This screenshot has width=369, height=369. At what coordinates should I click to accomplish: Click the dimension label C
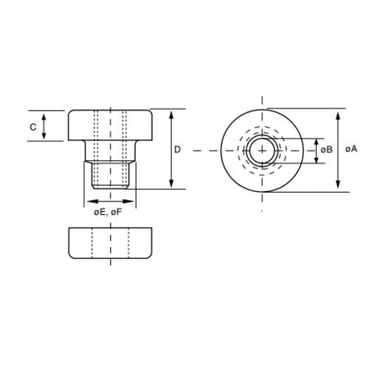pyautogui.click(x=32, y=127)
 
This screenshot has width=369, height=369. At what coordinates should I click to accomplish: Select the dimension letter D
pyautogui.click(x=178, y=150)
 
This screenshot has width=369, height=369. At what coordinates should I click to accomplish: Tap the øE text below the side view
pyautogui.click(x=100, y=213)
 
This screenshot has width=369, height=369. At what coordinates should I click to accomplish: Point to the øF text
pyautogui.click(x=117, y=213)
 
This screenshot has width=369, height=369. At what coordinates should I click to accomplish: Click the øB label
pyautogui.click(x=328, y=150)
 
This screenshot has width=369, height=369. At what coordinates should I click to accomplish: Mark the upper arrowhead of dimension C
pyautogui.click(x=44, y=115)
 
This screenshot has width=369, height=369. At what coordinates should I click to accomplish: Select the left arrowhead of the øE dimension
pyautogui.click(x=89, y=201)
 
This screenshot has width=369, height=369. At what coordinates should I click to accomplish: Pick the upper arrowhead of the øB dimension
pyautogui.click(x=318, y=140)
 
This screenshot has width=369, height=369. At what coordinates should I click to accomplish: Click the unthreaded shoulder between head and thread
pyautogui.click(x=111, y=152)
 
